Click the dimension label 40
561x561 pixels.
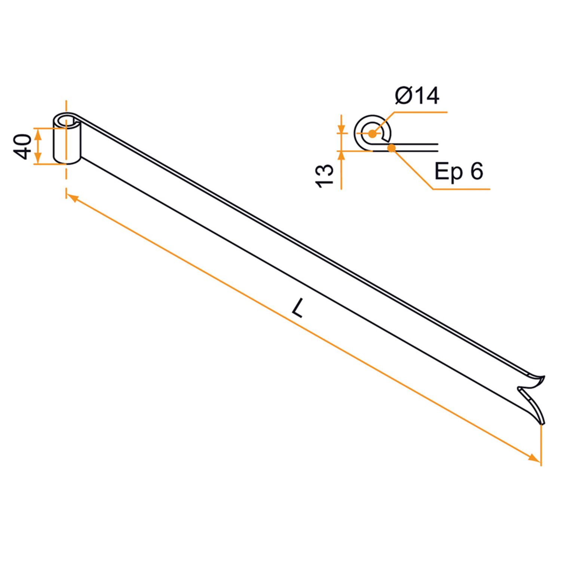[x=24, y=147]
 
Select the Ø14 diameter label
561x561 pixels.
[x=417, y=95]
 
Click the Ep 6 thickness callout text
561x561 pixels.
[x=459, y=171]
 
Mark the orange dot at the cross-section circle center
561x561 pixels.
[x=371, y=134]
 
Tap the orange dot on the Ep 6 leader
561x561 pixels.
[x=392, y=148]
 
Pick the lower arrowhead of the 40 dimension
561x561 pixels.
[x=38, y=159]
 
